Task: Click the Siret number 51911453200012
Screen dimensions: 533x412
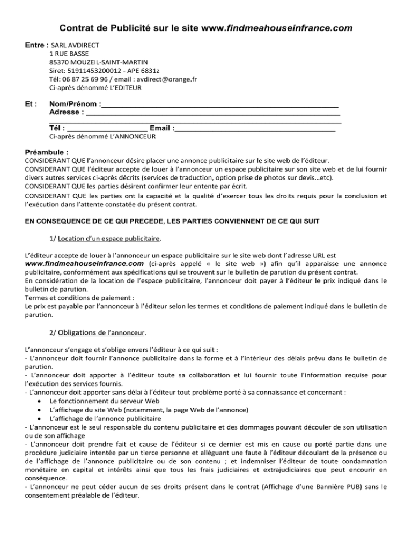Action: (92, 71)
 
